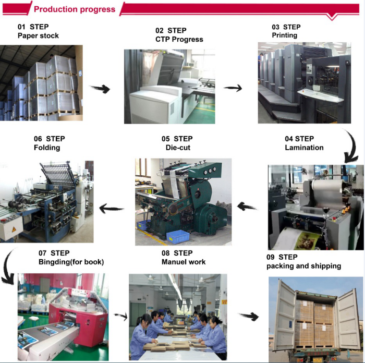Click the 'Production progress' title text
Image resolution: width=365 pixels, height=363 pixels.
75,9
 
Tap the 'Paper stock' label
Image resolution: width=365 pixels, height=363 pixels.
38,35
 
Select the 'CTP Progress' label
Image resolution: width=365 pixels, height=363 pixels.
179,39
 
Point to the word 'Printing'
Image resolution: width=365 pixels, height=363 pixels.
285,35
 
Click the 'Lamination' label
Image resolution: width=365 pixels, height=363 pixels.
304,148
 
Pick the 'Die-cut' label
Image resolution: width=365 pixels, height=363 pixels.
178,148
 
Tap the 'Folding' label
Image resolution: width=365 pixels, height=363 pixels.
47,148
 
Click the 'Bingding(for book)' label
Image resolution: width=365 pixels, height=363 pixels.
71,262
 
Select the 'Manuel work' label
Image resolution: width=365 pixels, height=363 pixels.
184,262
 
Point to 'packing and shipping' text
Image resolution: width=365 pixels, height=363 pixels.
304,266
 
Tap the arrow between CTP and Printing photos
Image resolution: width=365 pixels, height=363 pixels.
233,88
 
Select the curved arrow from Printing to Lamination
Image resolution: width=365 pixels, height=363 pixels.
354,147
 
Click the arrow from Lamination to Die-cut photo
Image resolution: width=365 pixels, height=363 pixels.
247,207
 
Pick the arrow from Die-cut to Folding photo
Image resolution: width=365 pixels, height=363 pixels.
111,208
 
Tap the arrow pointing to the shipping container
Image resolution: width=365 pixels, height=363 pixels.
249,316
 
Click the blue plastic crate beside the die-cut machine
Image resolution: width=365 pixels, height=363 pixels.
178,237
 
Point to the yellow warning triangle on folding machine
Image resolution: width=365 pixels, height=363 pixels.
14,229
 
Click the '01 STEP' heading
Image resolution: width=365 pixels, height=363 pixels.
33,27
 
